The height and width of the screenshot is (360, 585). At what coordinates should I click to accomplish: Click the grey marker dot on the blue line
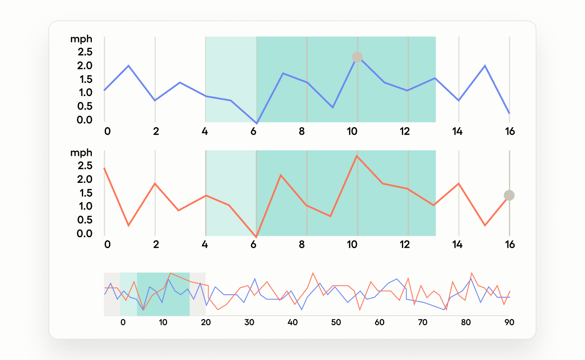coord(357,57)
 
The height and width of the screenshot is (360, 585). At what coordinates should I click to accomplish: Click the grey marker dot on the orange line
coord(509,195)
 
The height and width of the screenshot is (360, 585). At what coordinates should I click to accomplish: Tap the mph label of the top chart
coord(81,39)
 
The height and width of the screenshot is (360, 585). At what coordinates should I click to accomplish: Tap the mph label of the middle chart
coord(81,153)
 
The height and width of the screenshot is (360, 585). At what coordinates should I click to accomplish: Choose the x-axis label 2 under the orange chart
coord(155,245)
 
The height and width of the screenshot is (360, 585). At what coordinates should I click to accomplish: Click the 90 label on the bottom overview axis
coord(509,322)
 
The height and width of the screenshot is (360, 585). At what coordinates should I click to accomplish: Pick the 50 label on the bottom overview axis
coord(336,322)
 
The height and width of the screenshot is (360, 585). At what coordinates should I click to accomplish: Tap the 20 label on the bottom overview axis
coord(206,322)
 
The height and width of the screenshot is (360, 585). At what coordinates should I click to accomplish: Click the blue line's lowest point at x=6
coord(257,123)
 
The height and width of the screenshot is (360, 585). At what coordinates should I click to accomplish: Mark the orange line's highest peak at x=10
coord(357,156)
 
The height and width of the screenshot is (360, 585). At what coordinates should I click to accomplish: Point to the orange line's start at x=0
coord(104,168)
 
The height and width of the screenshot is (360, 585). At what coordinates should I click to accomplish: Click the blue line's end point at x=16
coord(509,113)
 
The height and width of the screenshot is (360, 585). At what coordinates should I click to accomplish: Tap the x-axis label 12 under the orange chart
coord(405,245)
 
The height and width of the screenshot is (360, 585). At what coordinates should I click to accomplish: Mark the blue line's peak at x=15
coord(485,66)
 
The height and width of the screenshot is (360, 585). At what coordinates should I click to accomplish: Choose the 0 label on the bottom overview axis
coord(123,322)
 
